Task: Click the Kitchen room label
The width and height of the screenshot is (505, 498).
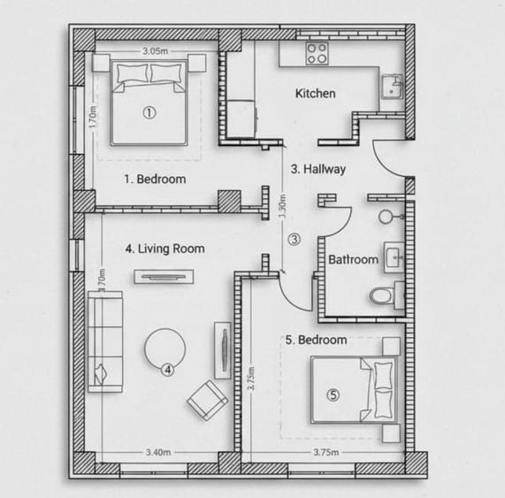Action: coord(315,93)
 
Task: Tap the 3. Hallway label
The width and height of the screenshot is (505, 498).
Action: coord(318,168)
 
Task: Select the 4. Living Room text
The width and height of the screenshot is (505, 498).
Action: coord(165,249)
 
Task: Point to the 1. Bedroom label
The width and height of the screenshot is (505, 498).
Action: coord(155,179)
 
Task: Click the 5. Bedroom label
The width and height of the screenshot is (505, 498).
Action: coord(316,339)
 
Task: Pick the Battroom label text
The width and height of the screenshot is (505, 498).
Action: coord(353,260)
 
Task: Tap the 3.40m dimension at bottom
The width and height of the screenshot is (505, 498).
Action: coord(159,453)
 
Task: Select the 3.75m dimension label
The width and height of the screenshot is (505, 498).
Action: coord(326,453)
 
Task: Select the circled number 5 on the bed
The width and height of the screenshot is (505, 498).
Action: coord(333,395)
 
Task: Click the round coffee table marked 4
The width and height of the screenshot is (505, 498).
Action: coord(165,350)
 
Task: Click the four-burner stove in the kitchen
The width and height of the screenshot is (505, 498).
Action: coord(317,53)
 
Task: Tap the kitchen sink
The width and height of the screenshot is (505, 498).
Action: coord(391,88)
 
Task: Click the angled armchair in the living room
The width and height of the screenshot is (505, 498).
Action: coord(207,400)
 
